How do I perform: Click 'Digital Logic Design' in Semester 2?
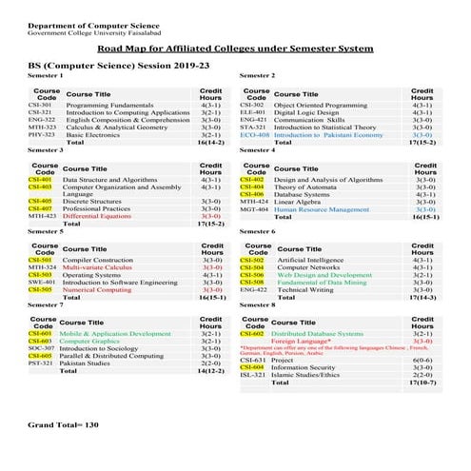[310, 112]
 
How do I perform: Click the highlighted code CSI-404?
[252, 186]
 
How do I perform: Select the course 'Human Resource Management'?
[321, 209]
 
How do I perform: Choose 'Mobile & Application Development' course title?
[115, 334]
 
